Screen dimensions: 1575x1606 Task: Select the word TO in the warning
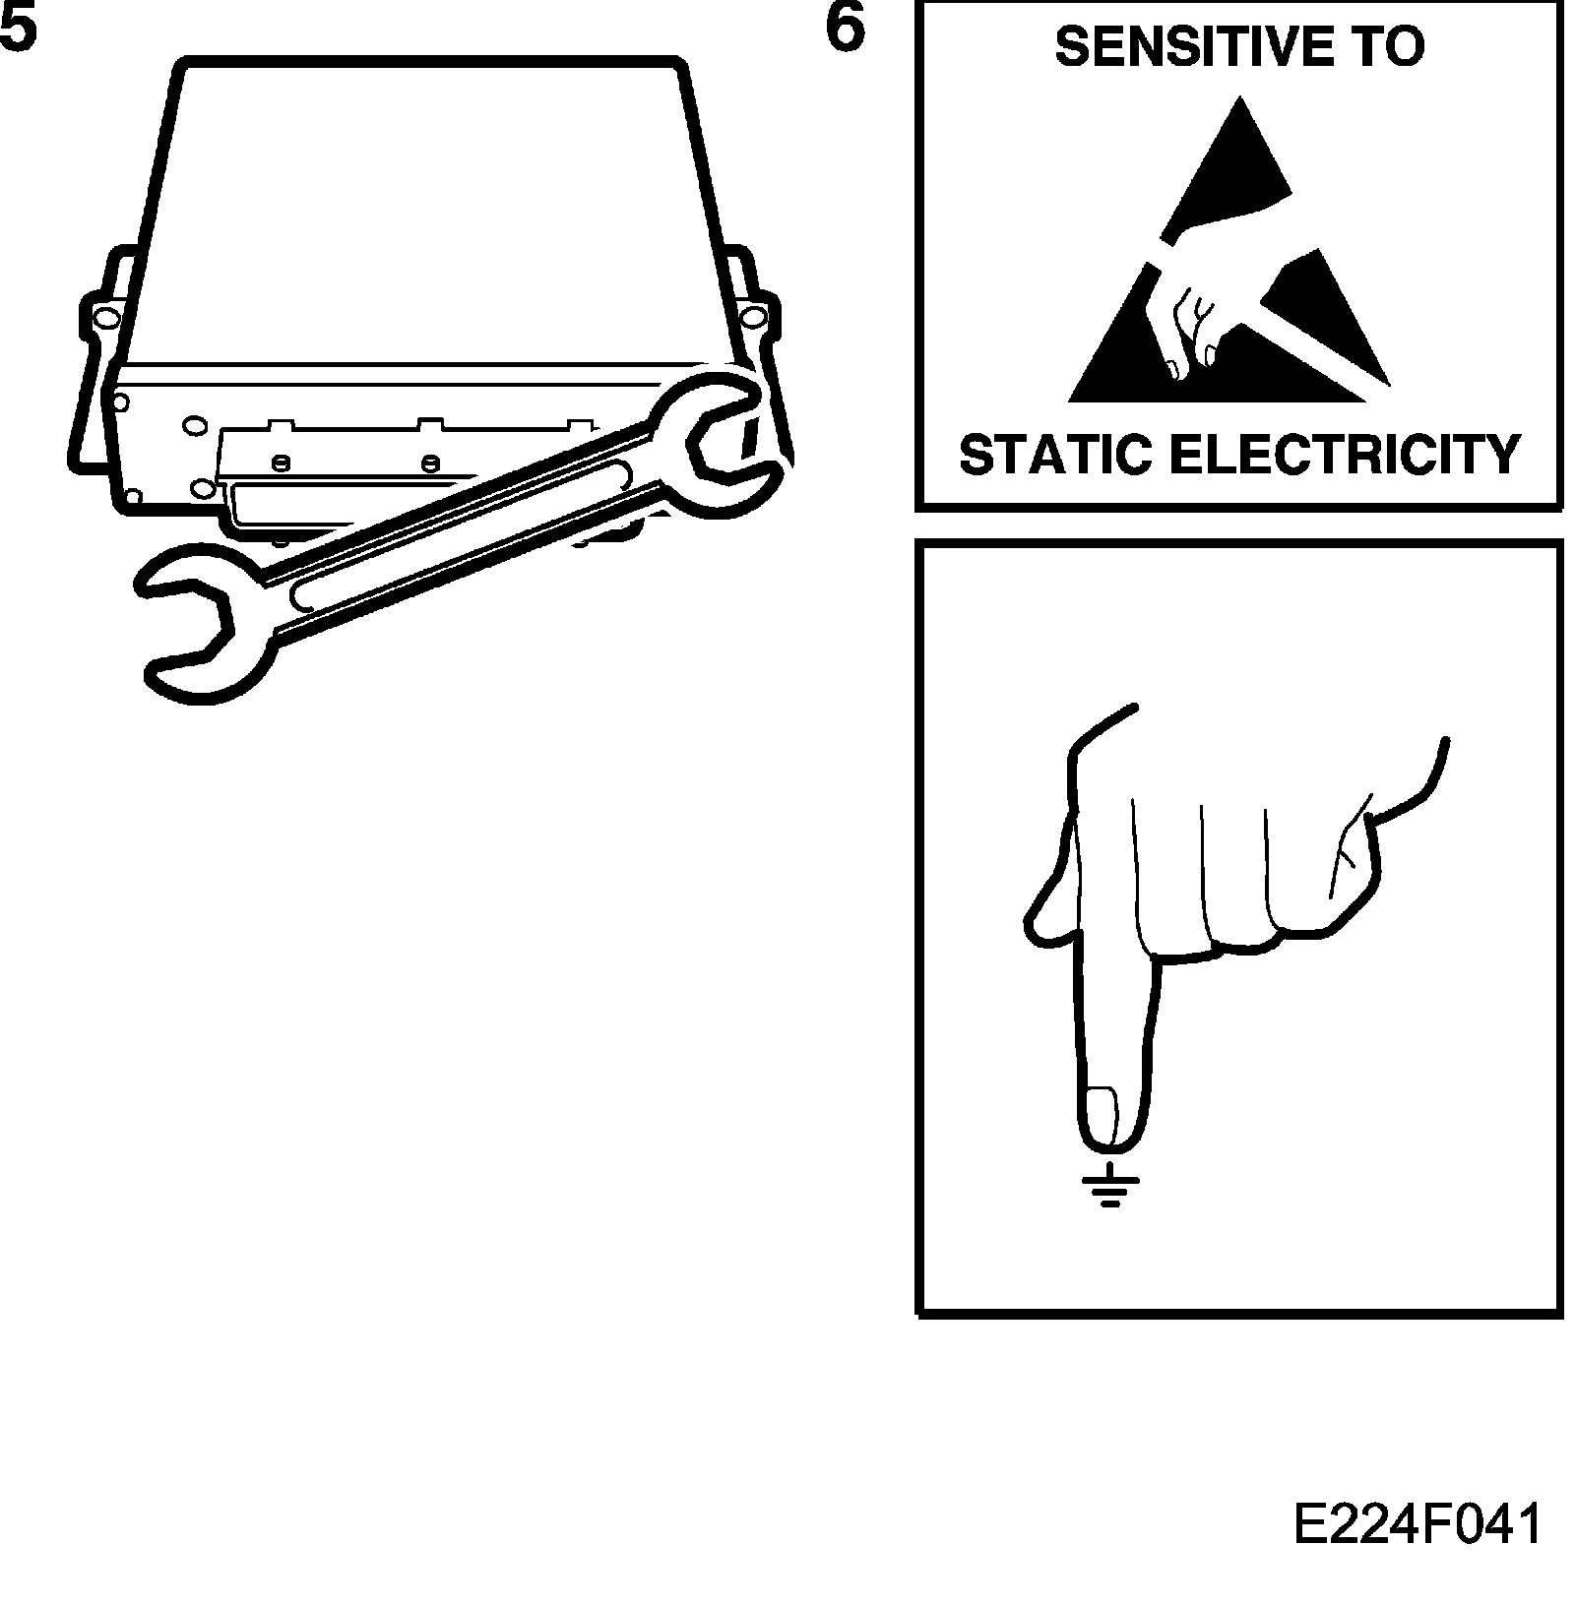point(1388,46)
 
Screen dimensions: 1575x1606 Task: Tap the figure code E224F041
point(1417,1526)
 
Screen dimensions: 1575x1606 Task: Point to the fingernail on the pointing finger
point(1101,1116)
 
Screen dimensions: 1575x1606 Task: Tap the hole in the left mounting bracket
point(104,317)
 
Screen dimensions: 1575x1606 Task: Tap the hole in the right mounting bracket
point(753,316)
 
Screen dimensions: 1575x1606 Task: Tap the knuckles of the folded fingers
point(1240,935)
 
